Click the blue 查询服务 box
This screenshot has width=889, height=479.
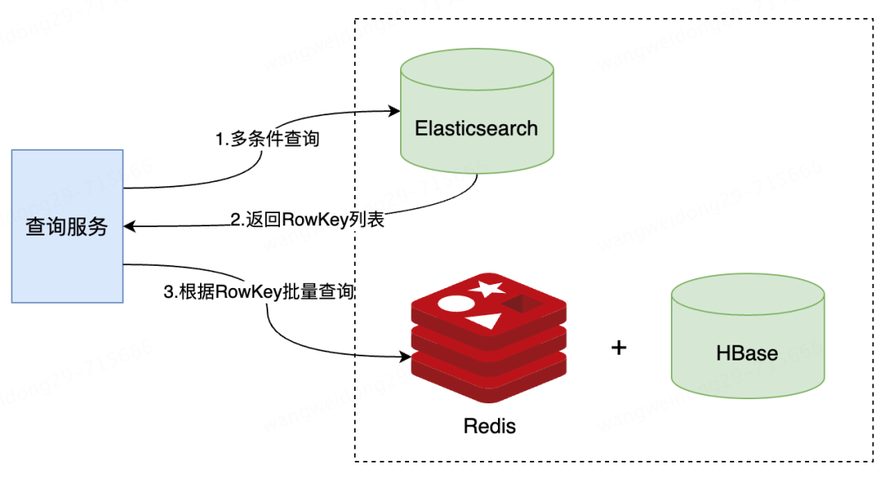[x=67, y=226]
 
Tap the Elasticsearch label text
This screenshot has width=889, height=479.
[x=477, y=128]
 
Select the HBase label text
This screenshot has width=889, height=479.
[x=747, y=353]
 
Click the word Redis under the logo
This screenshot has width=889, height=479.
[x=489, y=426]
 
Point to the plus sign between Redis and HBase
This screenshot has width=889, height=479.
[x=619, y=347]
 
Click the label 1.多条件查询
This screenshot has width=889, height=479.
[x=267, y=139]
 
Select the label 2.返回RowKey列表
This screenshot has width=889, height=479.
[x=307, y=220]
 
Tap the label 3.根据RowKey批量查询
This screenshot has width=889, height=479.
[x=258, y=291]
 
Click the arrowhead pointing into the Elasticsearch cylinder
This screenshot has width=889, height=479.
[x=394, y=110]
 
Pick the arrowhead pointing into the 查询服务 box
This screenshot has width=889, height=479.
[x=130, y=227]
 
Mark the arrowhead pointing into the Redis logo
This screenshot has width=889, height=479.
[x=405, y=356]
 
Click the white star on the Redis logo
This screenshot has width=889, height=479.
[x=486, y=289]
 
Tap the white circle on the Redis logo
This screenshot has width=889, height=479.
[x=456, y=304]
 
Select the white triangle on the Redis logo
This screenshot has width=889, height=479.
[x=486, y=320]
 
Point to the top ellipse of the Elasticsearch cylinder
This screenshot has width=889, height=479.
[x=477, y=69]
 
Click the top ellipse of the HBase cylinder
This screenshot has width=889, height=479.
[x=747, y=294]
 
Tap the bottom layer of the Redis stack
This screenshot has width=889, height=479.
[x=489, y=376]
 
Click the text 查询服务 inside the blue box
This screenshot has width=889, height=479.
[x=67, y=226]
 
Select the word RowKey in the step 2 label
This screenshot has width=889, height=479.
[x=314, y=220]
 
